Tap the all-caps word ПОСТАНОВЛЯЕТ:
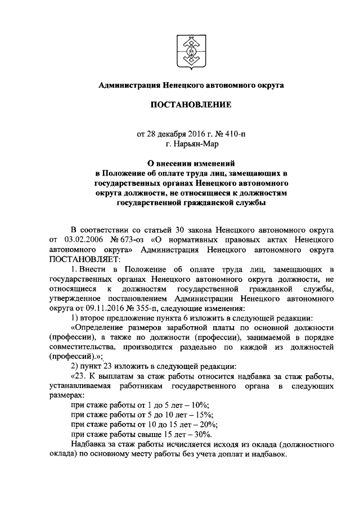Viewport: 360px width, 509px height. tap(82, 259)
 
